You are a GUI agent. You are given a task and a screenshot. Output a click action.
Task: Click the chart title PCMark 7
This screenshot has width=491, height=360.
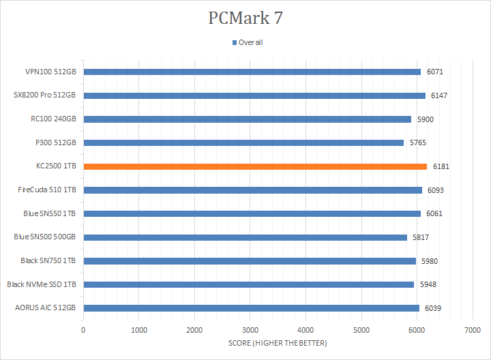(x=245, y=18)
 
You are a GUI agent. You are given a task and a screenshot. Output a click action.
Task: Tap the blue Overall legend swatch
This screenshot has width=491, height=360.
(x=234, y=42)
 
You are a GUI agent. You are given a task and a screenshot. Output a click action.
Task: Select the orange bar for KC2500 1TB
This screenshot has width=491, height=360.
(x=255, y=166)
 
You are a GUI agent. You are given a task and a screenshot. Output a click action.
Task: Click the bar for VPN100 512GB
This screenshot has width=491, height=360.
(x=252, y=72)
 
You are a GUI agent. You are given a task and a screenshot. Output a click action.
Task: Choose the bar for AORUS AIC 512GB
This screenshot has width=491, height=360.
(x=251, y=307)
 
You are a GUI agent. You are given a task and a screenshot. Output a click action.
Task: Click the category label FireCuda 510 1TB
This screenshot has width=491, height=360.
(x=47, y=190)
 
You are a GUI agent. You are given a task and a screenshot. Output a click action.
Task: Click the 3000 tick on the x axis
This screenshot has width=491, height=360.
(x=250, y=330)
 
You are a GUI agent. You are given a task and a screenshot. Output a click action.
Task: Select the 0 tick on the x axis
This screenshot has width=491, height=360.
(x=83, y=330)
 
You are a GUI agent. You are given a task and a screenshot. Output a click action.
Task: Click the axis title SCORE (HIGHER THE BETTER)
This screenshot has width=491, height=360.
(x=278, y=342)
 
